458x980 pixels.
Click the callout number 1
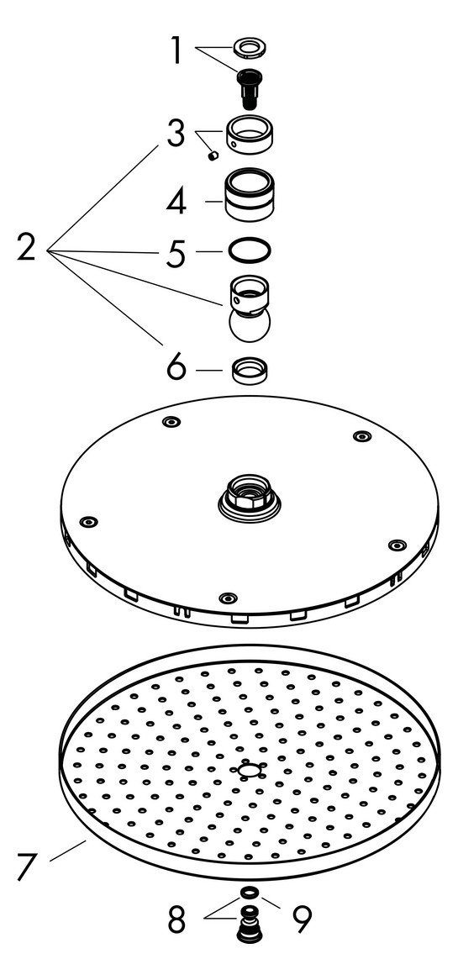[x=176, y=50]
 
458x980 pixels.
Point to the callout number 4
[x=176, y=201]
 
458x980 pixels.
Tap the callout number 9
[x=301, y=918]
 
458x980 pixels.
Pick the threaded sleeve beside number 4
[x=250, y=194]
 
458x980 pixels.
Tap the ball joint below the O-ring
[x=250, y=309]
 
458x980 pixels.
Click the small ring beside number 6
[x=250, y=370]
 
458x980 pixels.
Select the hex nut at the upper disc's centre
[x=249, y=493]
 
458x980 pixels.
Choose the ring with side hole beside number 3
[x=250, y=132]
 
